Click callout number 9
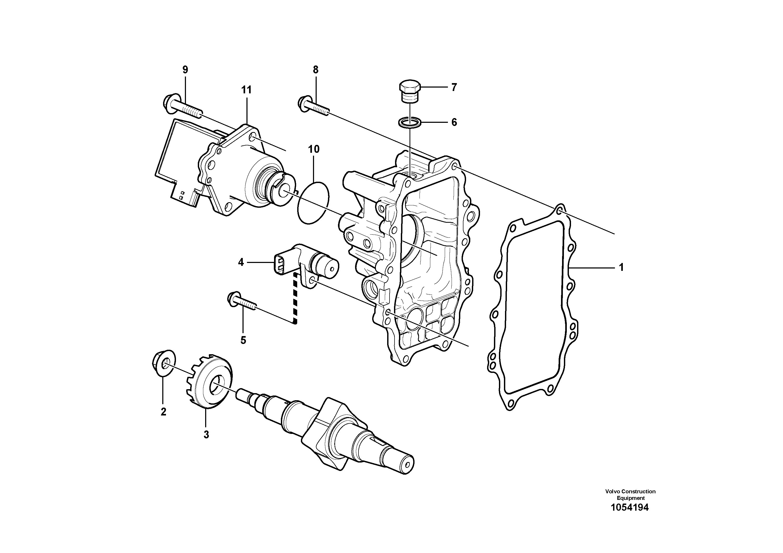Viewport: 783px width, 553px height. coord(185,70)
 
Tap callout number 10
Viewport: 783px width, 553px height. coord(314,149)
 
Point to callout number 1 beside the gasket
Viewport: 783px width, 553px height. coord(621,268)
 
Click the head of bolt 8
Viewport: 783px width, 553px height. coord(303,103)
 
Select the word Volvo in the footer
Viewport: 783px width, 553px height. coord(613,491)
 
